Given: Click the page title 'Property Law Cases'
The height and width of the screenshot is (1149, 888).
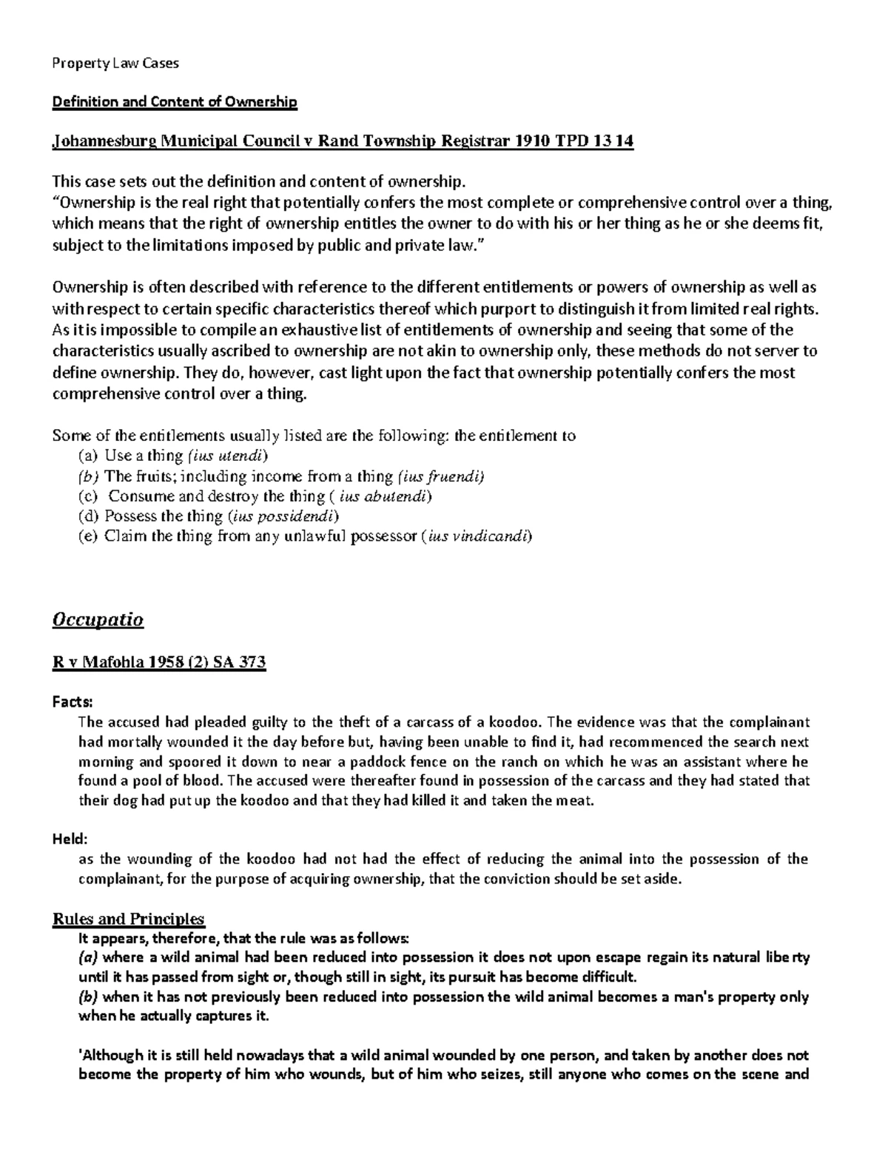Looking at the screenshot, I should [x=115, y=64].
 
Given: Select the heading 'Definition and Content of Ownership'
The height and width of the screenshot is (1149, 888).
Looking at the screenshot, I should [x=174, y=102].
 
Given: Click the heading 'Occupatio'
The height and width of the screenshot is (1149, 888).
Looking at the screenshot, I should [x=98, y=619].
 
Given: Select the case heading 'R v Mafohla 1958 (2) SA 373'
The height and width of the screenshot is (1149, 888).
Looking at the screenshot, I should [x=158, y=663].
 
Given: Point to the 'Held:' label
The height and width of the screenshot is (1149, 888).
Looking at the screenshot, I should [x=70, y=839].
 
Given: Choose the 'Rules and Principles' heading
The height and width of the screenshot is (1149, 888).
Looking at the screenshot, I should [x=128, y=919].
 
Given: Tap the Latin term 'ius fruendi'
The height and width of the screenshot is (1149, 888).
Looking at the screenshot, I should [x=440, y=476].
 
